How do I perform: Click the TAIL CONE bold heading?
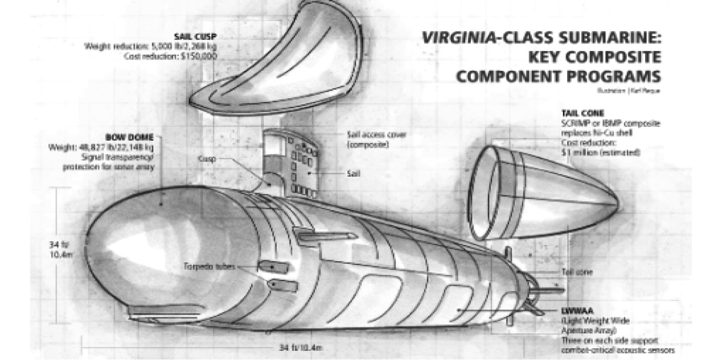coord(582,113)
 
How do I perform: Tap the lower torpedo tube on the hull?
coord(284,285)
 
